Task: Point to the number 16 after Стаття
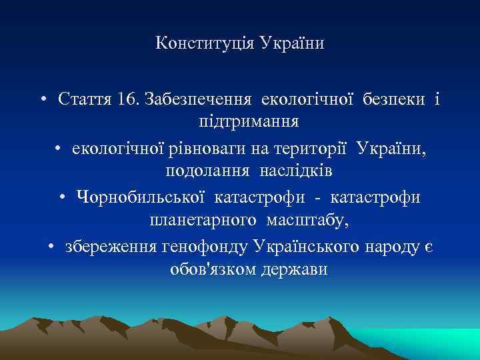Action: click(124, 99)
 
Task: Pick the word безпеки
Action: click(394, 99)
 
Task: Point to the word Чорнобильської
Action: click(143, 197)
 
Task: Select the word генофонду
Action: click(205, 246)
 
